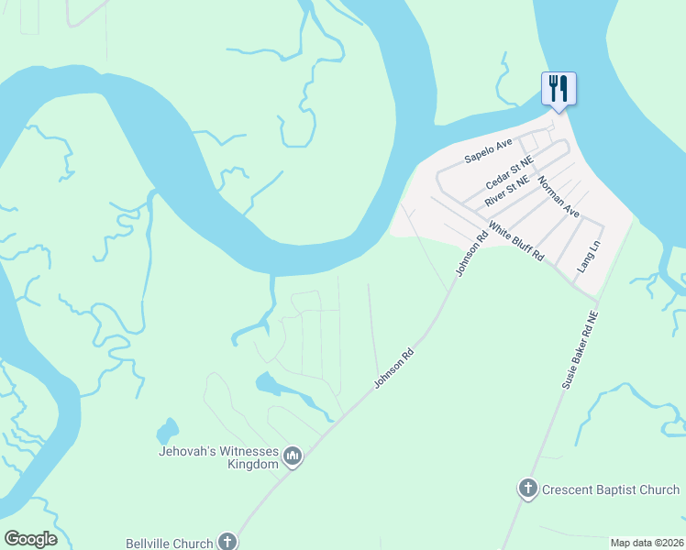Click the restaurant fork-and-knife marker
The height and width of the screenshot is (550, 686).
(x=559, y=89)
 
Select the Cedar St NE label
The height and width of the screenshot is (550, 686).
(x=510, y=169)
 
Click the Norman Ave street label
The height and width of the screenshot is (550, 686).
(x=559, y=197)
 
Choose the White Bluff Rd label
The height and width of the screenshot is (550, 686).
(x=516, y=241)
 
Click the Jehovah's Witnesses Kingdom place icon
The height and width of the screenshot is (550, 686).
(x=293, y=456)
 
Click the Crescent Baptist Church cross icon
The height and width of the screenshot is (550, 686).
(x=528, y=489)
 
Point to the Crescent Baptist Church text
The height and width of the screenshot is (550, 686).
(x=610, y=489)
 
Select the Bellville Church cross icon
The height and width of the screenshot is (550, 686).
(x=227, y=542)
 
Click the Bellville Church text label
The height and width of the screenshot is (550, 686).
(x=171, y=543)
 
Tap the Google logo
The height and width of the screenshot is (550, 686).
(x=30, y=539)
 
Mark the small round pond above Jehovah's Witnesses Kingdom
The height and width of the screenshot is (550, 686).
(x=167, y=431)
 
